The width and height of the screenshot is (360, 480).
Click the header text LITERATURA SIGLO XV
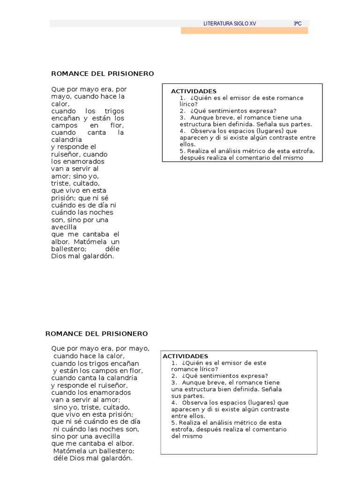click(x=230, y=23)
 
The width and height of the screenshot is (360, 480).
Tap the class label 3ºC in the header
click(x=297, y=23)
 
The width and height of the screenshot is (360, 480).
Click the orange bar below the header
click(x=244, y=30)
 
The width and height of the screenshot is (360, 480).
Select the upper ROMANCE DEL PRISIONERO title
click(x=102, y=74)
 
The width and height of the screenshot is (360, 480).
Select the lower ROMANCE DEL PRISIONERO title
click(x=97, y=334)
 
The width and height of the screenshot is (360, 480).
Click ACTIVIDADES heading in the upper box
click(x=187, y=91)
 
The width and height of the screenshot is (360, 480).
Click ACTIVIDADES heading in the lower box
click(x=185, y=356)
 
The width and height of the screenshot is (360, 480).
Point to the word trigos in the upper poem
click(x=114, y=111)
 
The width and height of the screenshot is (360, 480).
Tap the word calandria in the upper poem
click(x=67, y=140)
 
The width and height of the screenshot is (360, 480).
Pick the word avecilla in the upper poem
click(x=64, y=227)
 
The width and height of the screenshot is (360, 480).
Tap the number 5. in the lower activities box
click(x=174, y=422)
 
